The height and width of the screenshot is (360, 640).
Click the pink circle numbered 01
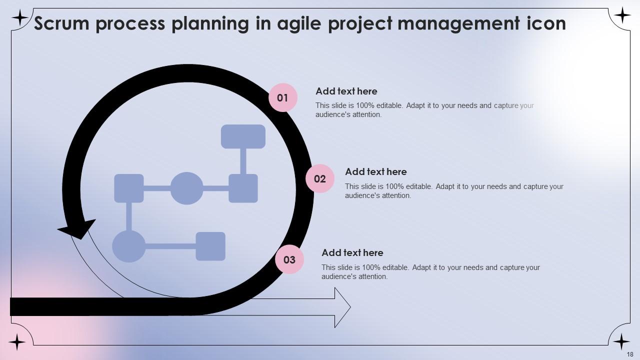click(283, 97)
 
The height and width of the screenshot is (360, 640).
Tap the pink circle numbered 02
click(320, 178)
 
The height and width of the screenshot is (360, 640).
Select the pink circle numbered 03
click(289, 259)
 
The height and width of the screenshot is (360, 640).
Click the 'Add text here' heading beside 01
click(346, 91)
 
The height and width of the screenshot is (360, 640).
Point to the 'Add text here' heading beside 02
click(375, 171)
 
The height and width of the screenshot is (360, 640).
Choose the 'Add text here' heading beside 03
click(352, 252)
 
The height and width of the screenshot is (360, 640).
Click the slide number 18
click(629, 353)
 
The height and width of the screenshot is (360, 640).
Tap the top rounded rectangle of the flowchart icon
click(243, 136)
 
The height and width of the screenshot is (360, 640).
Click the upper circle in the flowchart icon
click(186, 188)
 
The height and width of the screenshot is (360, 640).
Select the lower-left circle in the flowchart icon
click(128, 246)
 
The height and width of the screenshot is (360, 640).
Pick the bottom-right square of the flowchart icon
click(210, 246)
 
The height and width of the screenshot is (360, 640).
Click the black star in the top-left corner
click(19, 18)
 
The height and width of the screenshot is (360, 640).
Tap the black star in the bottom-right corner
click(621, 342)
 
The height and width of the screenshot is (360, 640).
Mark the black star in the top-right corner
click(622, 16)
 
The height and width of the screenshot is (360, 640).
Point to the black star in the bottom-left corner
click(17, 342)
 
